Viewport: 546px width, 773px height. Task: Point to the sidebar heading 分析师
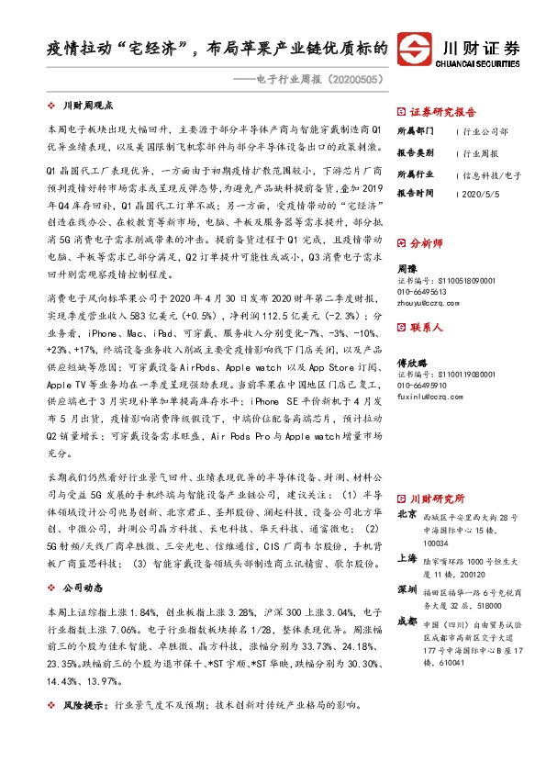pyautogui.click(x=425, y=244)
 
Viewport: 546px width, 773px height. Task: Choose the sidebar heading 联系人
pyautogui.click(x=425, y=326)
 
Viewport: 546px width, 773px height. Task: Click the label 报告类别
pyautogui.click(x=415, y=153)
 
